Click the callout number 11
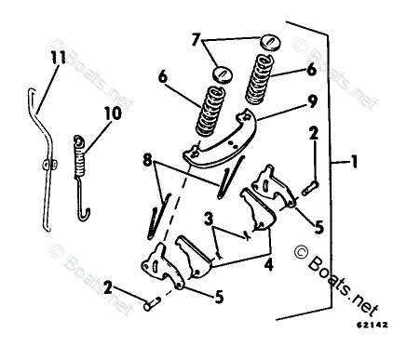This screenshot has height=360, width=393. tap(58, 58)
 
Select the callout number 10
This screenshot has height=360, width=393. tap(113, 113)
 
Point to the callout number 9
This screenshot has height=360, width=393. tap(312, 101)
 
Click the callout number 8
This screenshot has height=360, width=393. tap(148, 160)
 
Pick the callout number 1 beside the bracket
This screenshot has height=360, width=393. tap(354, 162)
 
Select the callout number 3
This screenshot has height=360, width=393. tap(209, 220)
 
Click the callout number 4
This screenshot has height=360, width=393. tap(269, 264)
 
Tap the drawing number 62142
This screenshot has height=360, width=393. tap(372, 325)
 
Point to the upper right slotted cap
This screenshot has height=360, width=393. tap(270, 42)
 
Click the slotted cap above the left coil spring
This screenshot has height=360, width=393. tap(223, 74)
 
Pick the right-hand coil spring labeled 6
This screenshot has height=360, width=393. tap(259, 79)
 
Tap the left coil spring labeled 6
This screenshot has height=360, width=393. tap(210, 111)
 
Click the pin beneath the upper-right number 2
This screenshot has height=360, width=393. tap(309, 188)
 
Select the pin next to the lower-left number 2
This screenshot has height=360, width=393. tap(152, 303)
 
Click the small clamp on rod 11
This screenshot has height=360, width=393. tap(49, 165)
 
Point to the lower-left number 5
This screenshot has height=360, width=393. tap(219, 298)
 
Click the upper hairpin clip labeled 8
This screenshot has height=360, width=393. tap(230, 177)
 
